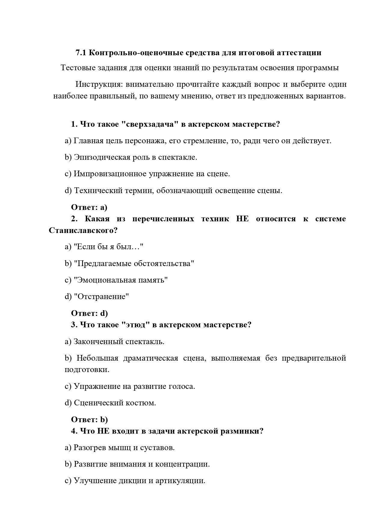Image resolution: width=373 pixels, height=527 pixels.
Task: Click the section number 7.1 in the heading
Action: tap(81, 53)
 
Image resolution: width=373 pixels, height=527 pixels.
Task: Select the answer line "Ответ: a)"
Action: tap(89, 207)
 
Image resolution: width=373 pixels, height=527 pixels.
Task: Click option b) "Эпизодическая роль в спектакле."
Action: tap(131, 157)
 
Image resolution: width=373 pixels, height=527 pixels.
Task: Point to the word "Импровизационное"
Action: tap(110, 174)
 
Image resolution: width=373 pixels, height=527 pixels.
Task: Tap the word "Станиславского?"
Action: tap(83, 231)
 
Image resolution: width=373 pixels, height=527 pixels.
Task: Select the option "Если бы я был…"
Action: tap(104, 247)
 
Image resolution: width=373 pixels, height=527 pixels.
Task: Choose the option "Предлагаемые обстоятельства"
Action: tap(129, 264)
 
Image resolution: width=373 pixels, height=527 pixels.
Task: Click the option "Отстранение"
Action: tap(97, 297)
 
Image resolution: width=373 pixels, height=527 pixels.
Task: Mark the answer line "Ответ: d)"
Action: tap(89, 313)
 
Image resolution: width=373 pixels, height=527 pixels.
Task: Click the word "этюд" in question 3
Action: tap(136, 325)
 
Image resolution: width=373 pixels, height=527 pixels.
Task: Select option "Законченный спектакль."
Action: tap(114, 341)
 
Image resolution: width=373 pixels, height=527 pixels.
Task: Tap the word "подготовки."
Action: tap(87, 370)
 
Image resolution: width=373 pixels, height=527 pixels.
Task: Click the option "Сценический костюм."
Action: tap(110, 403)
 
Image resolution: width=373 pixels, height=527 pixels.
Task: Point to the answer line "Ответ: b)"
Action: tap(89, 419)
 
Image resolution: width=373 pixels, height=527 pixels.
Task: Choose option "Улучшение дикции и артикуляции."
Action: tap(135, 481)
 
